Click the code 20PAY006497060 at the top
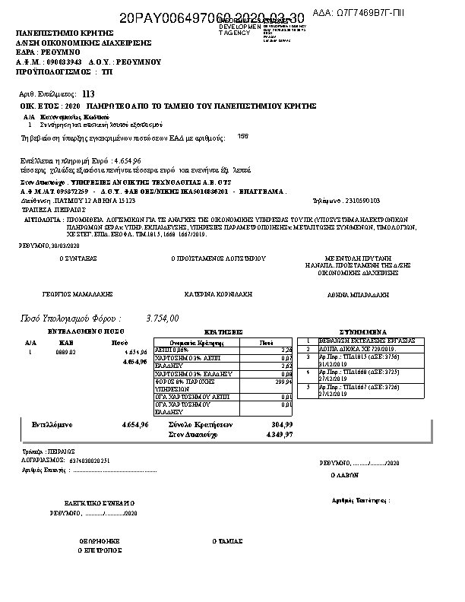(x=170, y=17)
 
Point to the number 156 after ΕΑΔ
(x=242, y=137)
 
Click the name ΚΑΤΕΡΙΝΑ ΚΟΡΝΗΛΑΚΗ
(x=218, y=293)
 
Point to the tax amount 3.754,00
(x=162, y=318)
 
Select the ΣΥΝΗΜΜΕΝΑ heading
(x=364, y=332)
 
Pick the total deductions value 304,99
(x=281, y=424)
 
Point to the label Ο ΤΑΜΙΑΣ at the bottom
(x=227, y=541)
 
